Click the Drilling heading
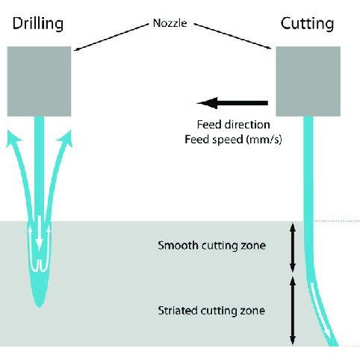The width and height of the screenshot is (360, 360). click(38, 24)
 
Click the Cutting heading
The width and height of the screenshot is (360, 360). click(307, 24)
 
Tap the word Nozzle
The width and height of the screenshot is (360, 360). click(170, 23)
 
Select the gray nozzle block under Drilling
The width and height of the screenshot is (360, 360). click(39, 81)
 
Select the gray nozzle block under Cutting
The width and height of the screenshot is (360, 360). click(308, 81)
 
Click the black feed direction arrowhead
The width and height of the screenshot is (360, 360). click(208, 103)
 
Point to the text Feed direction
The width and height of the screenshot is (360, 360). click(233, 125)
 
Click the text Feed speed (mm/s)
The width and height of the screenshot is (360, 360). click(233, 140)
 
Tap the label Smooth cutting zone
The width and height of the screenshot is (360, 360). click(212, 246)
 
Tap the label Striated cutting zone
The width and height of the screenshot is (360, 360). click(211, 311)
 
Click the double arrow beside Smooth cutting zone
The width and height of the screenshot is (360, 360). click(293, 248)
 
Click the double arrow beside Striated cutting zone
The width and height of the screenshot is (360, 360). click(293, 311)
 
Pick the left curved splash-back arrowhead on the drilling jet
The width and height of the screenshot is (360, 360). click(13, 137)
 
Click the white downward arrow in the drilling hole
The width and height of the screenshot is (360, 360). click(39, 232)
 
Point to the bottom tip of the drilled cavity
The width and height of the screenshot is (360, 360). click(40, 308)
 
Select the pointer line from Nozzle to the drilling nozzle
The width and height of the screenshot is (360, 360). click(111, 37)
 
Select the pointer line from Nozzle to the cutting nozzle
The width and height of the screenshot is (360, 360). click(232, 36)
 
